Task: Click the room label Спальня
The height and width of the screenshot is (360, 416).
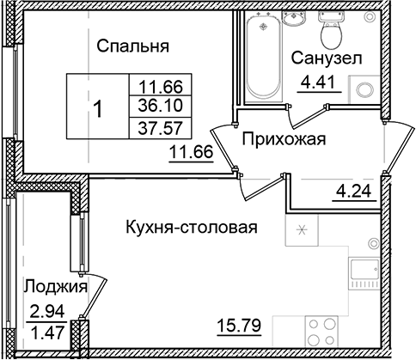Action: point(131,46)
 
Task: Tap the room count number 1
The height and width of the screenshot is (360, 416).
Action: point(99,110)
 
